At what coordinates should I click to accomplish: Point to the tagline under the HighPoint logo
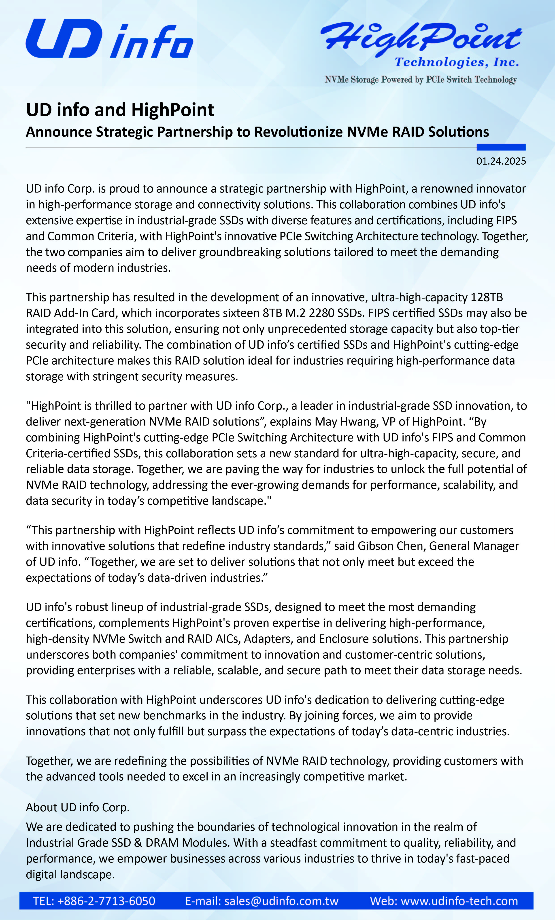(421, 80)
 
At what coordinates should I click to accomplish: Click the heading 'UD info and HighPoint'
(120, 110)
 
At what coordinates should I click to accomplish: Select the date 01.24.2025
(501, 161)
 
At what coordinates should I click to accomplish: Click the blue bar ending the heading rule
(501, 147)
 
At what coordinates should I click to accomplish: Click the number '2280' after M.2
(321, 313)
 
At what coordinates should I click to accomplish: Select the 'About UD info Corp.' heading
(78, 807)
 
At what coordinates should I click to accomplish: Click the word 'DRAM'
(162, 843)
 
